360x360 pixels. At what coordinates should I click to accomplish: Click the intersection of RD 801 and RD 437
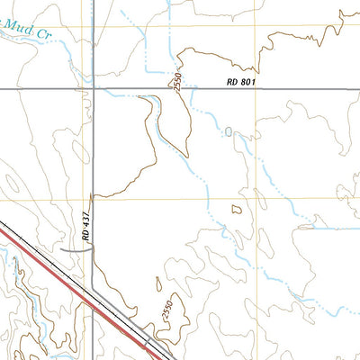(94, 88)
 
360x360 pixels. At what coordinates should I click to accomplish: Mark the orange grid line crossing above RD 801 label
(255, 25)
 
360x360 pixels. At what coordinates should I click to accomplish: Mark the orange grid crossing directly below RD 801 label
(255, 198)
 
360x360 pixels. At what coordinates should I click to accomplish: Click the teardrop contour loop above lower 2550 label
(157, 285)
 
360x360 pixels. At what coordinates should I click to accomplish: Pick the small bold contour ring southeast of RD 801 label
(237, 209)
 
